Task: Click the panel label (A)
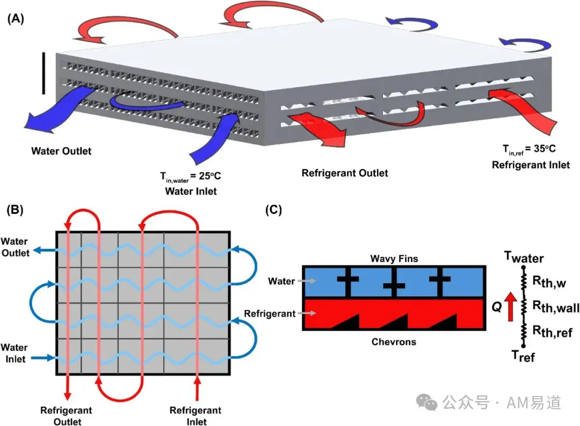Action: [x=16, y=18]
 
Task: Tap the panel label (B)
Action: [x=15, y=210]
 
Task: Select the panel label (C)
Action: [x=273, y=210]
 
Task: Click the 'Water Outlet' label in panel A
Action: [x=61, y=151]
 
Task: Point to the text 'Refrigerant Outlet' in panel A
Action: [x=345, y=173]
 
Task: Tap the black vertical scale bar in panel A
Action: [x=44, y=73]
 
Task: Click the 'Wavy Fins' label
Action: [x=394, y=258]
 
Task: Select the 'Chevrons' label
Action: [x=394, y=342]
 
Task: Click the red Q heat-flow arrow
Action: [x=511, y=306]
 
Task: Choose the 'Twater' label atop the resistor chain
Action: [x=524, y=257]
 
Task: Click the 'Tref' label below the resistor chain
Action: [x=523, y=356]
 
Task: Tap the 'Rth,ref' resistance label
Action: [x=552, y=331]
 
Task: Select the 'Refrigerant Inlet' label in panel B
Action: [x=195, y=416]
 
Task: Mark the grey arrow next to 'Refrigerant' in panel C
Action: [x=307, y=313]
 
